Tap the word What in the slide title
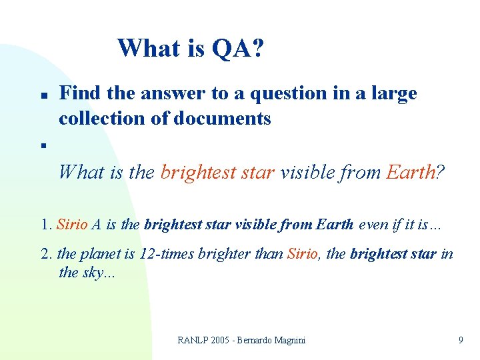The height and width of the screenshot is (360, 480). (x=147, y=48)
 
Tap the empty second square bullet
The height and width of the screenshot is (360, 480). (x=41, y=144)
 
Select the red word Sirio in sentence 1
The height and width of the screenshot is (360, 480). (x=72, y=225)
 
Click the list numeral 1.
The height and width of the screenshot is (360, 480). (x=45, y=225)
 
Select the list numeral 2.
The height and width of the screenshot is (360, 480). (x=45, y=253)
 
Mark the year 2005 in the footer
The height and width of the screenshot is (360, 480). (x=223, y=340)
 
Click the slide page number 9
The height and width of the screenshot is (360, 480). (x=461, y=340)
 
